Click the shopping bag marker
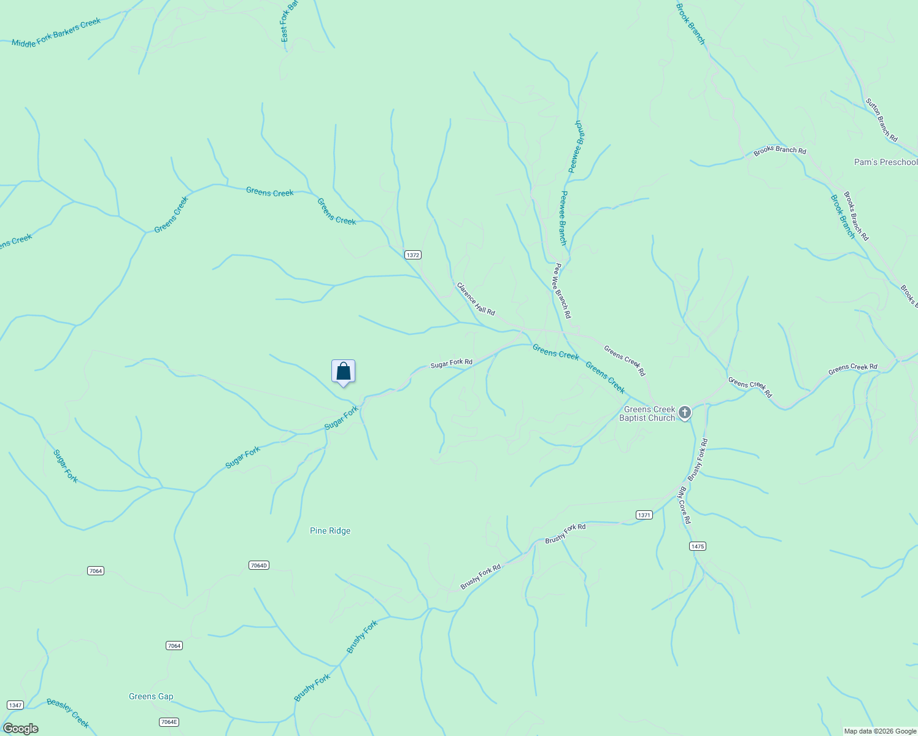point(344,372)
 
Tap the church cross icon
point(685,413)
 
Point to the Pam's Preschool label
point(885,162)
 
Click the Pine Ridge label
point(330,531)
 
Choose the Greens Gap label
point(151,696)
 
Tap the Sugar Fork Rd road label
point(451,363)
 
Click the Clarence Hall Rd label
point(476,299)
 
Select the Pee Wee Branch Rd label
point(563,291)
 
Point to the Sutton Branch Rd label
point(882,120)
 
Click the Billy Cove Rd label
point(684,505)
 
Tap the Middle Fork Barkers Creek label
point(56,33)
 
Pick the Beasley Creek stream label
point(68,713)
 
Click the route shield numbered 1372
point(413,255)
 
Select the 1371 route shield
point(644,515)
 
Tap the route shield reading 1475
point(698,546)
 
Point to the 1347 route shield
point(15,705)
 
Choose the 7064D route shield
point(260,565)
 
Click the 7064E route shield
point(169,722)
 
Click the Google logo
point(21,729)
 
